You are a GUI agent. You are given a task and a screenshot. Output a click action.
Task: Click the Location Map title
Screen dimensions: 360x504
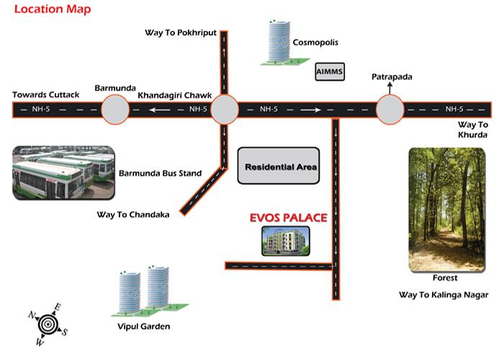(48, 10)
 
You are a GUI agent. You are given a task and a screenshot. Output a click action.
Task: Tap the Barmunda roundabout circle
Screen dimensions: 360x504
(114, 110)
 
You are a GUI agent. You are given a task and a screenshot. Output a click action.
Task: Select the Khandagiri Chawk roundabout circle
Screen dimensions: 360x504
(224, 110)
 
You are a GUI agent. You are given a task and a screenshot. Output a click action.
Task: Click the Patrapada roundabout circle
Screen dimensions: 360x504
(390, 110)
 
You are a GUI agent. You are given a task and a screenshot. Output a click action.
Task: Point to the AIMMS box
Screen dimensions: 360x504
(330, 73)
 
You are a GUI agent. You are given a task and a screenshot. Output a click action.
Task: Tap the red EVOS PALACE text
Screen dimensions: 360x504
(288, 217)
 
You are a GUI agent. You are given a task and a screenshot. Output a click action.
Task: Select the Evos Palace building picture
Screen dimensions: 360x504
(285, 240)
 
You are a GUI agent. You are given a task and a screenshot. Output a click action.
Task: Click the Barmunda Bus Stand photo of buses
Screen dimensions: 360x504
(63, 174)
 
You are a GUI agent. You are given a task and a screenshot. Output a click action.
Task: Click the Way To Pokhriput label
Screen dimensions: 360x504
(180, 33)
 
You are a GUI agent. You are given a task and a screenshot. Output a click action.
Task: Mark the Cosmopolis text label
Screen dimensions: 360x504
(315, 42)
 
